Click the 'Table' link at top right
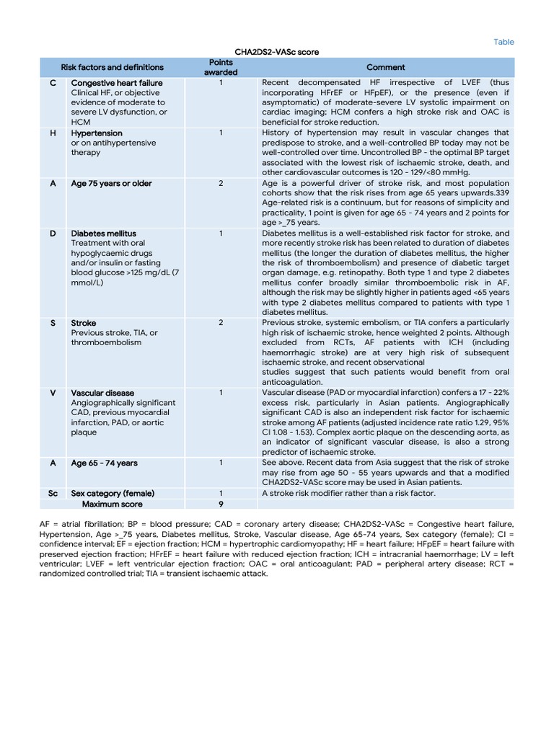click(x=504, y=42)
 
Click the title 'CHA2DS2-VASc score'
click(x=277, y=52)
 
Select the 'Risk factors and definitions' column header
click(x=113, y=67)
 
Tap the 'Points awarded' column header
click(x=221, y=67)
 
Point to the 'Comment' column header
click(x=386, y=67)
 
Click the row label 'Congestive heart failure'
click(x=117, y=83)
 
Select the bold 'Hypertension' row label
click(x=97, y=133)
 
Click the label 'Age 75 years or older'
click(x=112, y=184)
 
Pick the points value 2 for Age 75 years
click(x=221, y=184)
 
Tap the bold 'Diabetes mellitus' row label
click(x=104, y=234)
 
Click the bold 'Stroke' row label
click(x=84, y=323)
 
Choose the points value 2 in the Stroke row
click(x=221, y=323)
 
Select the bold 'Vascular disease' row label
click(x=102, y=393)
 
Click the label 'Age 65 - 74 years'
click(x=105, y=463)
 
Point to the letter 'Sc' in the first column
click(x=53, y=493)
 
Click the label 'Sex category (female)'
click(x=113, y=493)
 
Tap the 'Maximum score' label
click(x=113, y=504)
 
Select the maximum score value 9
click(x=221, y=504)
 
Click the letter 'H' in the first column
click(x=53, y=133)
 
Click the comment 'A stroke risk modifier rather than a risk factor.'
click(x=348, y=493)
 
